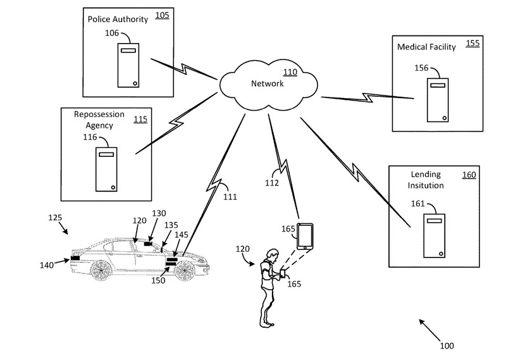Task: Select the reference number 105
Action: click(x=162, y=15)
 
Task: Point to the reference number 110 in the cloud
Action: click(x=290, y=72)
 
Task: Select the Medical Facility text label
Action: click(x=426, y=47)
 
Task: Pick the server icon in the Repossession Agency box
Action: click(x=106, y=169)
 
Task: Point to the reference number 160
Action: click(x=469, y=175)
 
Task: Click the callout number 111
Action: click(x=230, y=197)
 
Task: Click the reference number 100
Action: click(x=447, y=345)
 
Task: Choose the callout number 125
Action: click(x=55, y=218)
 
